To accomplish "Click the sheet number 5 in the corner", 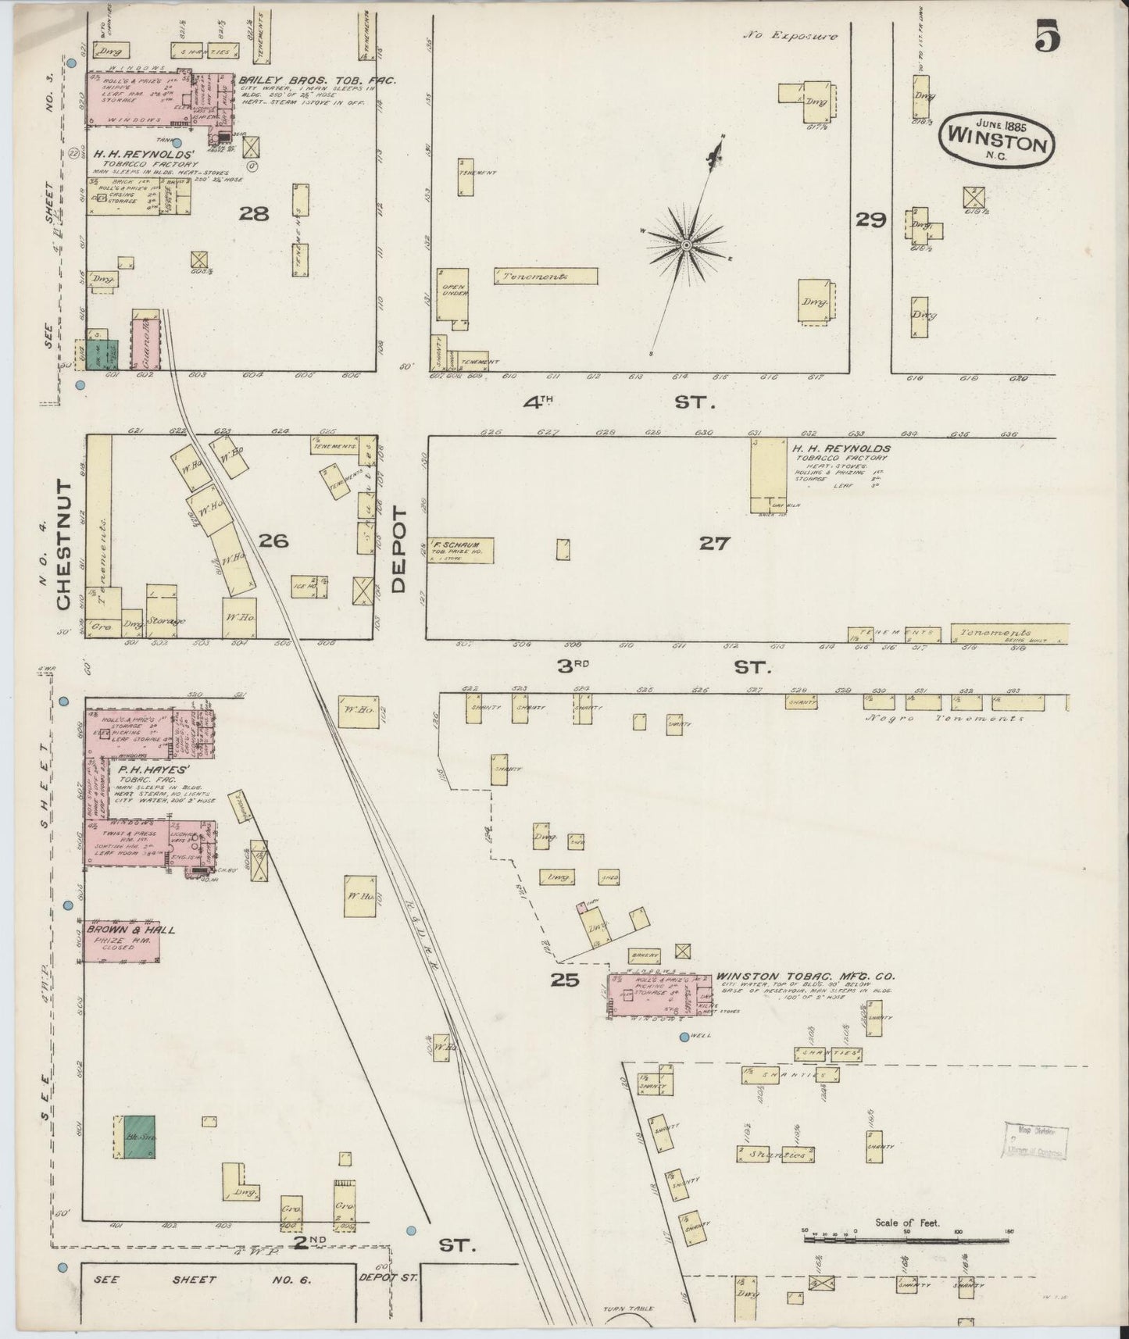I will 1048,37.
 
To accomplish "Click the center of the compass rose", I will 686,245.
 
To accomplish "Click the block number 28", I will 254,213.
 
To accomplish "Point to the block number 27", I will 713,543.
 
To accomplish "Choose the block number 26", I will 273,540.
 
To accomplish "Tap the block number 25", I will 564,980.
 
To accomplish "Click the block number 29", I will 870,220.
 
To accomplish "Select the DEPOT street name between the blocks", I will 400,549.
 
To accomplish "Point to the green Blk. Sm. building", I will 135,1136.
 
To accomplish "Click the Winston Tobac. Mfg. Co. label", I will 805,976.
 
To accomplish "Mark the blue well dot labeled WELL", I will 684,1037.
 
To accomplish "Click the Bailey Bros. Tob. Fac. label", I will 317,80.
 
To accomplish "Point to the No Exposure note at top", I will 790,36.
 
